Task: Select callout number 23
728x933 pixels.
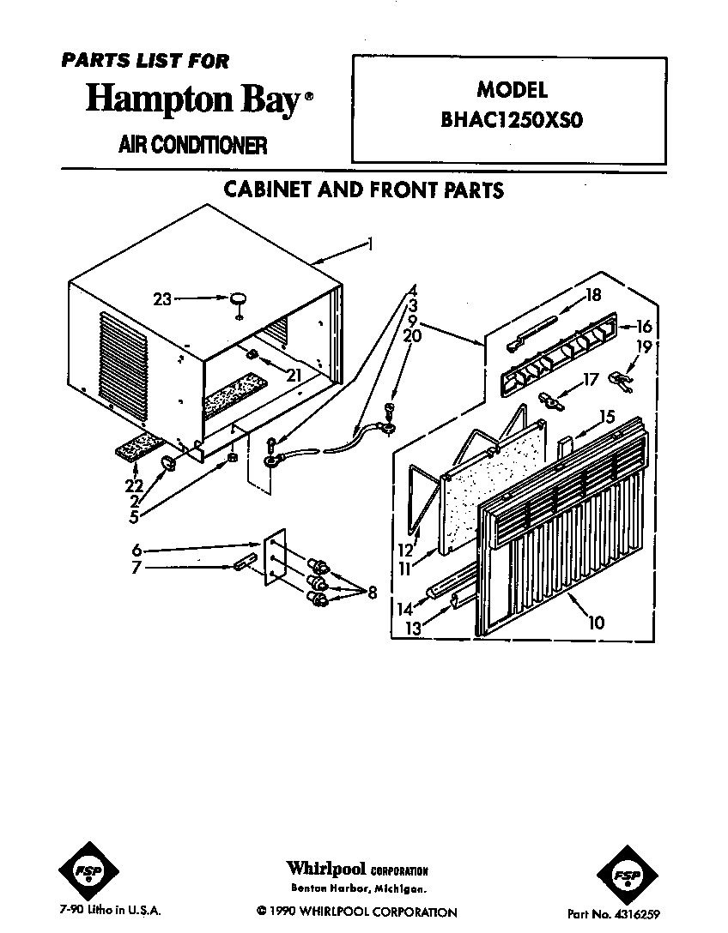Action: tap(162, 299)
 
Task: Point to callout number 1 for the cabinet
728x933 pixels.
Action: tap(371, 244)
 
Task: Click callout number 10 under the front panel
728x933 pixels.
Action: tap(596, 623)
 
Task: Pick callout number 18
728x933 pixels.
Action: tap(592, 294)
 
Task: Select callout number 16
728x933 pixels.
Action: tap(644, 326)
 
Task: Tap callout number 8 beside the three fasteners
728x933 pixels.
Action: tap(373, 592)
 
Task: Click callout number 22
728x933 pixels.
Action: tap(134, 485)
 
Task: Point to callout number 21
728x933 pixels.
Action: tap(293, 375)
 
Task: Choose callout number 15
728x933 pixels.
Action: tap(606, 416)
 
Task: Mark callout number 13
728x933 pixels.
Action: tap(412, 628)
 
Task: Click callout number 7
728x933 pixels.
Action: tap(136, 569)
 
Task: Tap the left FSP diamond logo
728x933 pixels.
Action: tap(88, 871)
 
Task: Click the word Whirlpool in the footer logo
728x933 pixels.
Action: tap(326, 868)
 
